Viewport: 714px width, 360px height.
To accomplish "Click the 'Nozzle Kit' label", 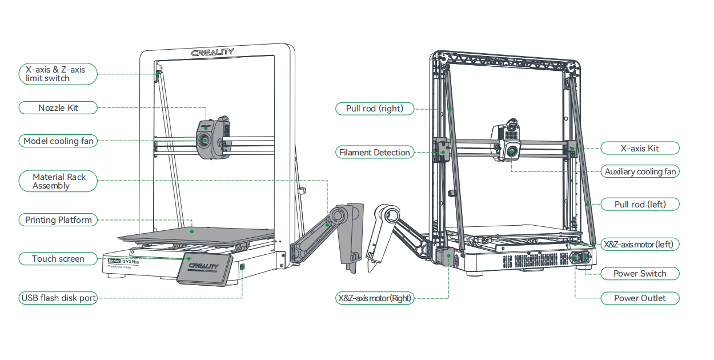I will pyautogui.click(x=58, y=107).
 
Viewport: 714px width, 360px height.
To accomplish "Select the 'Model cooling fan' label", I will pyautogui.click(x=58, y=141).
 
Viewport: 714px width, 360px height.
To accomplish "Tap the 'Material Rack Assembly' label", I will pyautogui.click(x=58, y=181).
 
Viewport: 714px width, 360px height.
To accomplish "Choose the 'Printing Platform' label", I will pyautogui.click(x=58, y=220).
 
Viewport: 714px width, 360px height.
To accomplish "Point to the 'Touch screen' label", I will pyautogui.click(x=58, y=259).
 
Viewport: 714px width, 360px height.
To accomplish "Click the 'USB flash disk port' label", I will pyautogui.click(x=58, y=298).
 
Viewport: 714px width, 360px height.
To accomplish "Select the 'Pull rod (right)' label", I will pyautogui.click(x=374, y=108).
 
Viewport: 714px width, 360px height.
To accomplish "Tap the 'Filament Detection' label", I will pyautogui.click(x=374, y=153).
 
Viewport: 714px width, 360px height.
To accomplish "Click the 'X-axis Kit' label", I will pyautogui.click(x=640, y=149).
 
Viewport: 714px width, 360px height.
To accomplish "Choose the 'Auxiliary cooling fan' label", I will pyautogui.click(x=640, y=171).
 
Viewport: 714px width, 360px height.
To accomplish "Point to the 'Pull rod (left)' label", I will pyautogui.click(x=640, y=204).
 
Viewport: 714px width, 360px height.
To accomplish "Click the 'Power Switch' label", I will pyautogui.click(x=640, y=274).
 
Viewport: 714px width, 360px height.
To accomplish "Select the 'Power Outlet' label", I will pyautogui.click(x=640, y=298).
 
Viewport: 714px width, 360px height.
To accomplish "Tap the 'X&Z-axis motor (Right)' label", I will pyautogui.click(x=374, y=298).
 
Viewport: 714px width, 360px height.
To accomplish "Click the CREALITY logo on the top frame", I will pyautogui.click(x=212, y=52).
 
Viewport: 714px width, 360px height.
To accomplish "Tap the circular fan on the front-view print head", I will pyautogui.click(x=203, y=140).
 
